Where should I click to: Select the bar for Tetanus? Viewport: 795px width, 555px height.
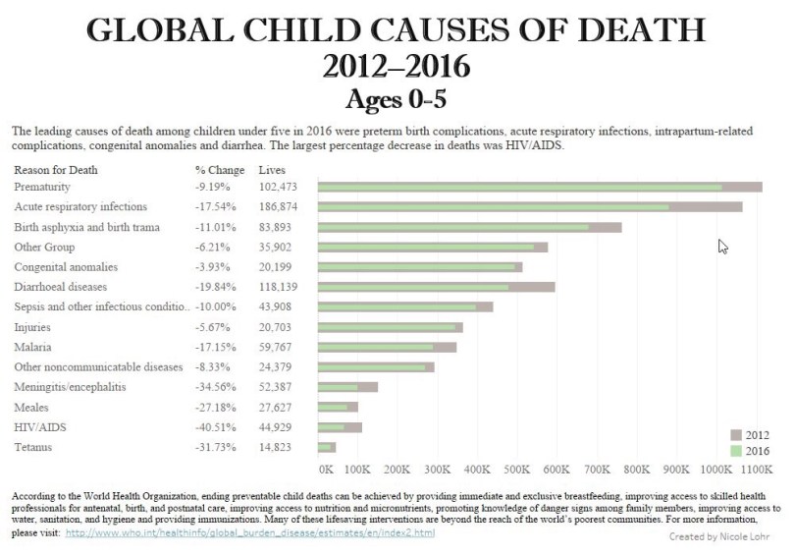[327, 448]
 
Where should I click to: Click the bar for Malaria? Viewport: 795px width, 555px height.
[387, 347]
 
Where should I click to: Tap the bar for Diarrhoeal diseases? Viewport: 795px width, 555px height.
[437, 287]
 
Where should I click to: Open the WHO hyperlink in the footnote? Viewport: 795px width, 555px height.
[250, 532]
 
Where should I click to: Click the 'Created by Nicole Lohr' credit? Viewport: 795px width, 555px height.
[717, 537]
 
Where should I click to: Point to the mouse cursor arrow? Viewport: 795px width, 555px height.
[722, 246]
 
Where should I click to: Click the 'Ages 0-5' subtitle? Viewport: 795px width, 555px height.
[397, 99]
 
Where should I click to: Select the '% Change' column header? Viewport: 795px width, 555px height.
[220, 170]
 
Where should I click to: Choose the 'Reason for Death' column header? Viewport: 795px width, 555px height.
[56, 170]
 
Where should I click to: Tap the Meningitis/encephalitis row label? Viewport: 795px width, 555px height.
[70, 387]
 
